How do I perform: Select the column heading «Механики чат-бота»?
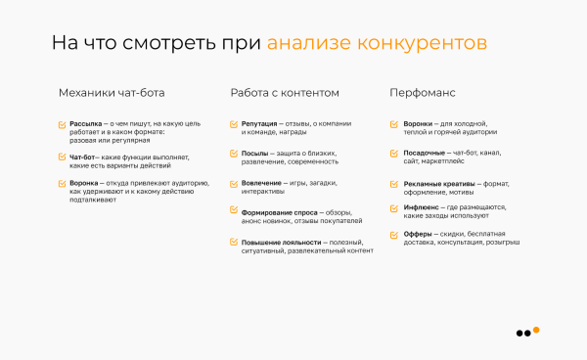(112, 93)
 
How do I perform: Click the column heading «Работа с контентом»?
(285, 93)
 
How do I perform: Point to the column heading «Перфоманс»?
(423, 93)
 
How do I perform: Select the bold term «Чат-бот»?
(83, 157)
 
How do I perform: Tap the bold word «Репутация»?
(258, 124)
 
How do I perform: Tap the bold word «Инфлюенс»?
(423, 207)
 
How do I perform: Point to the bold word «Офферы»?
(418, 235)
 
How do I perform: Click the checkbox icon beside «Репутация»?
(233, 124)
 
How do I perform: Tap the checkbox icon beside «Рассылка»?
(62, 124)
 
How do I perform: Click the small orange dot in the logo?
(536, 329)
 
